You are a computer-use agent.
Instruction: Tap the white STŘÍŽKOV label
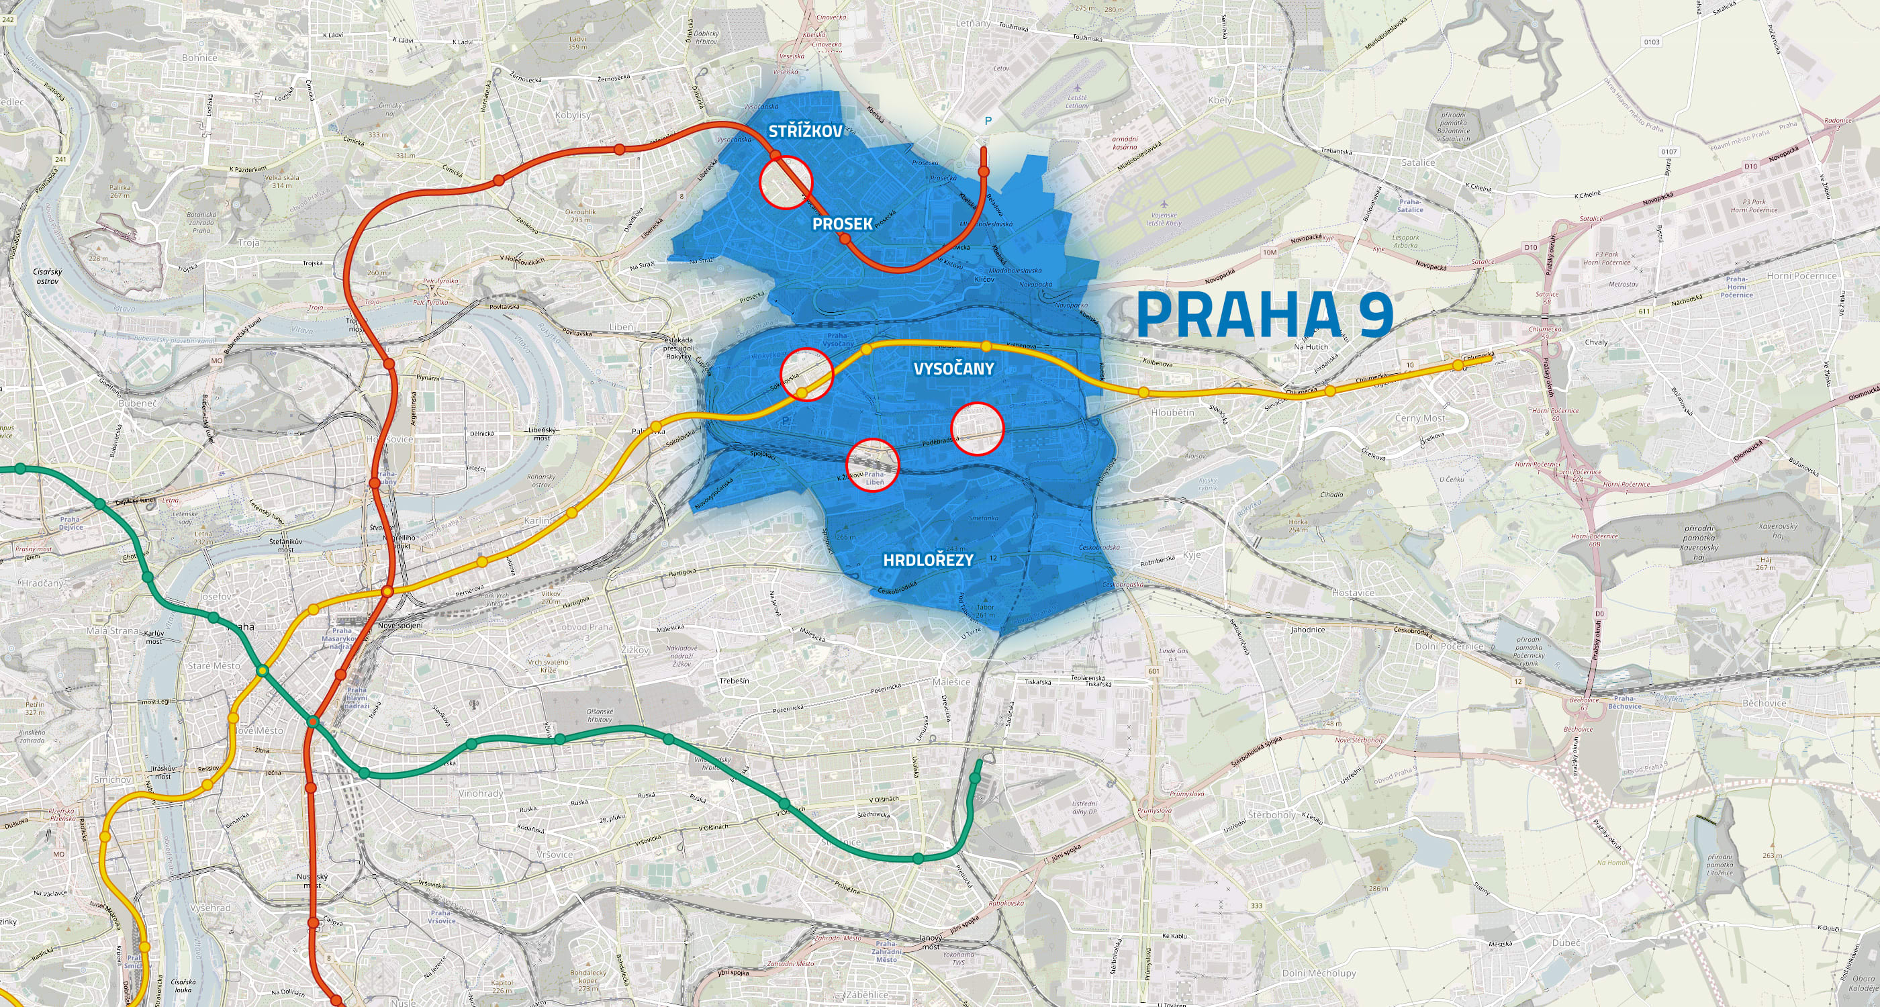click(805, 132)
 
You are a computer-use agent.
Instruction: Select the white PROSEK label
click(842, 224)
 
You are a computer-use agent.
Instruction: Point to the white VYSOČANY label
click(954, 369)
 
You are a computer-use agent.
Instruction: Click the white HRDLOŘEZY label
click(929, 561)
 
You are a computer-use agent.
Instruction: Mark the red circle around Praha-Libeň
click(872, 465)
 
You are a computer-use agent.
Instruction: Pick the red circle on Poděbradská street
click(977, 429)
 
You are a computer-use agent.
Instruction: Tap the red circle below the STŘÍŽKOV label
click(786, 183)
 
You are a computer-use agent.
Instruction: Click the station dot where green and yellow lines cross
click(262, 671)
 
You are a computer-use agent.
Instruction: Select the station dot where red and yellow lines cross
click(387, 591)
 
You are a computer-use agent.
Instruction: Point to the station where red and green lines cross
click(312, 722)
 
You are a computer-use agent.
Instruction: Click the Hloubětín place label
click(1173, 412)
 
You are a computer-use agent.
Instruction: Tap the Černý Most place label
click(1419, 418)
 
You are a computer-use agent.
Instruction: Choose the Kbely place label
click(1219, 100)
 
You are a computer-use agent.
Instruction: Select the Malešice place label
click(951, 681)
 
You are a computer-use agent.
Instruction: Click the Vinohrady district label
click(480, 794)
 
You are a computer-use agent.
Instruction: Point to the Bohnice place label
click(199, 58)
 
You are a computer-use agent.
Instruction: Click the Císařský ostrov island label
click(48, 276)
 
